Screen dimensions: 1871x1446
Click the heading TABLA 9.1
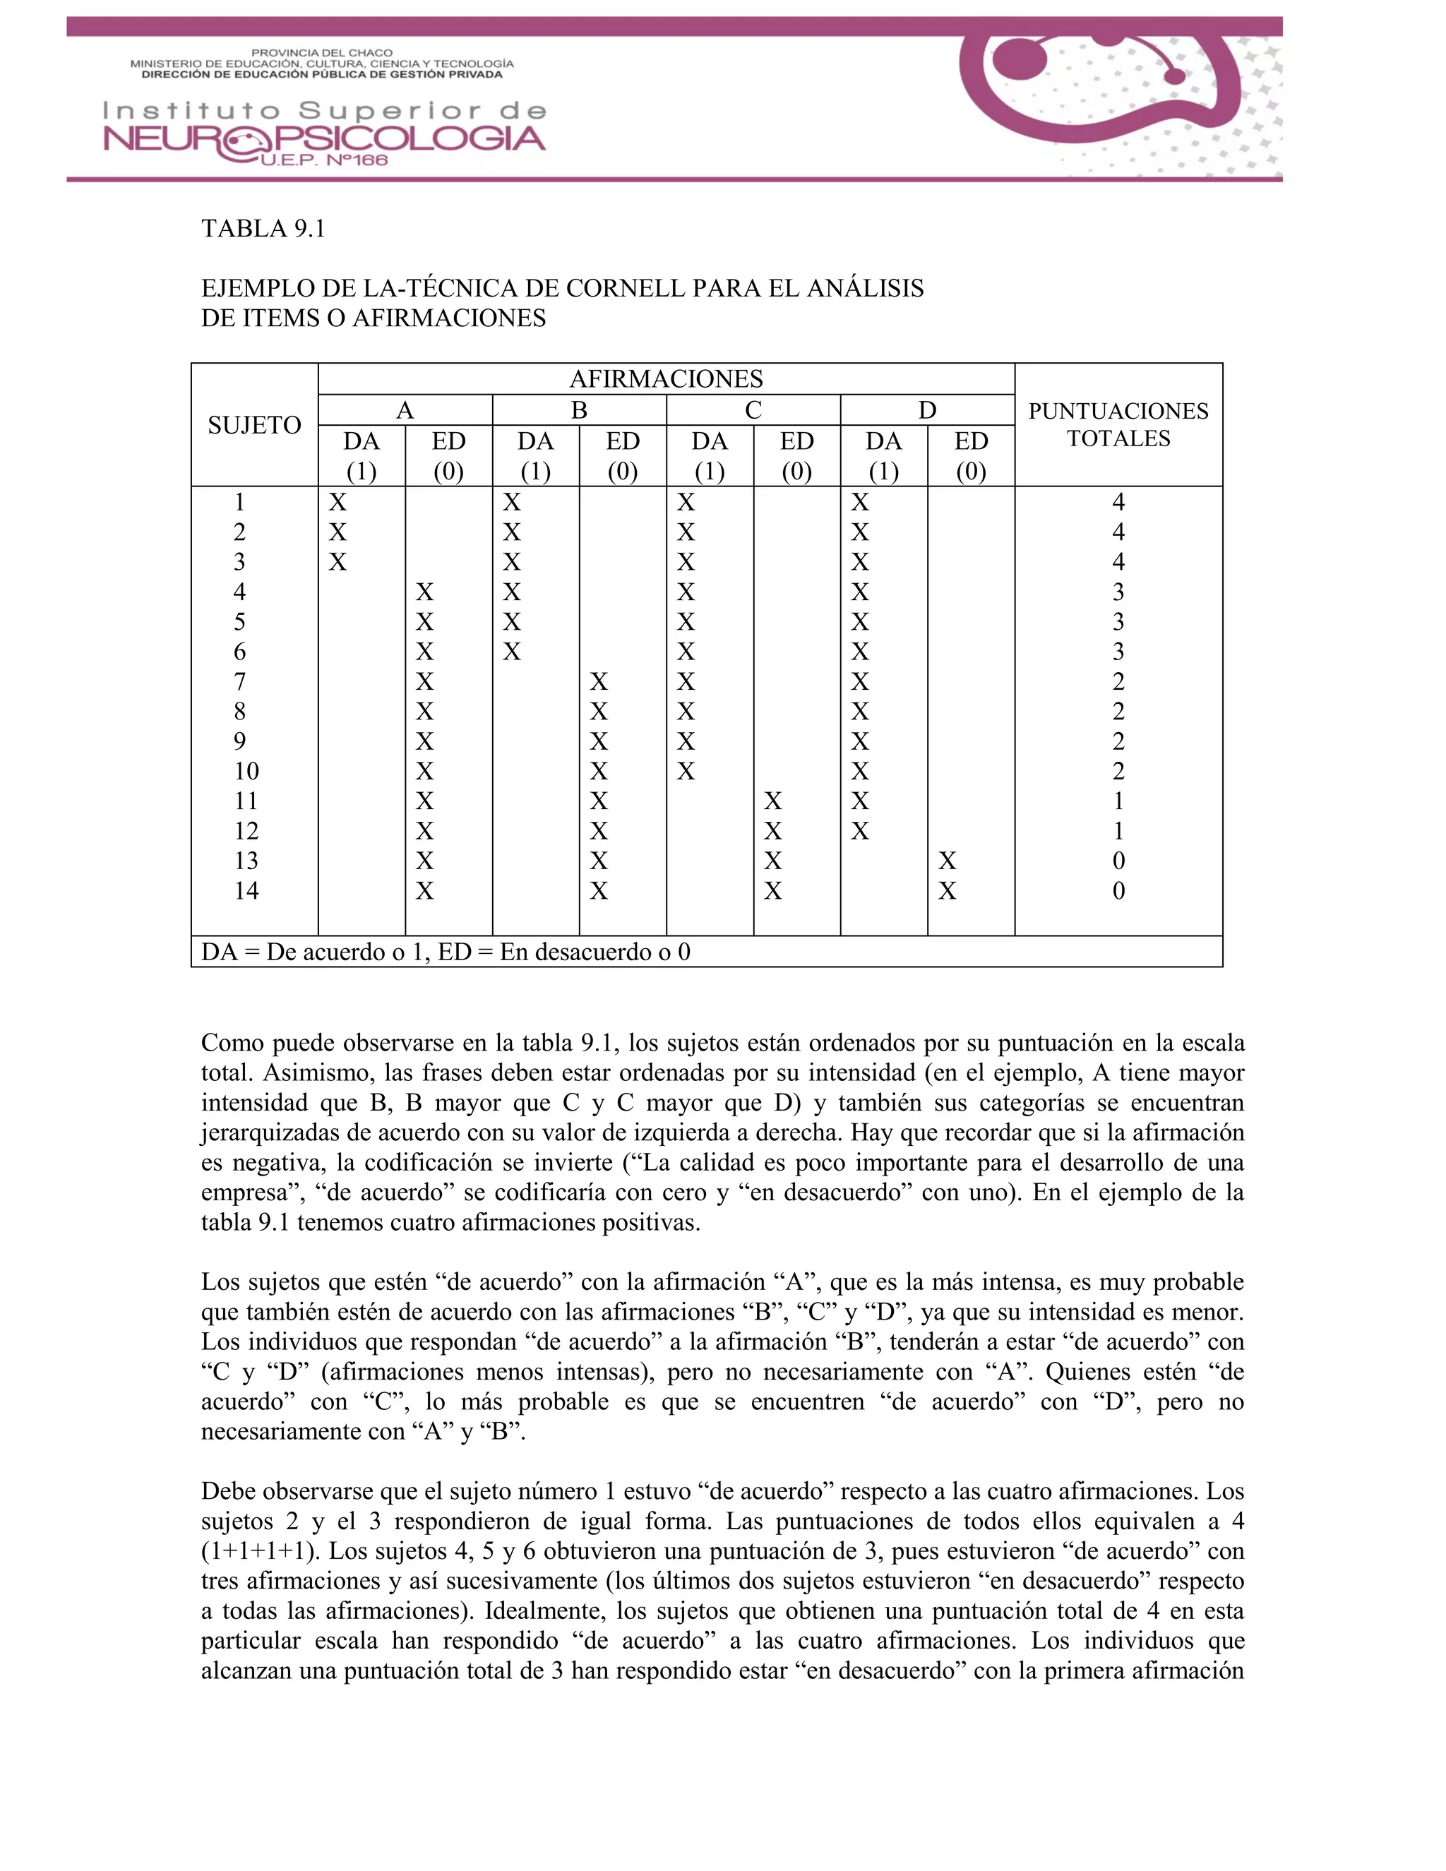pyautogui.click(x=263, y=229)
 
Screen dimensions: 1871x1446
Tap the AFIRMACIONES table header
pyautogui.click(x=666, y=378)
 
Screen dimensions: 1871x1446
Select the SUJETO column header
pyautogui.click(x=254, y=425)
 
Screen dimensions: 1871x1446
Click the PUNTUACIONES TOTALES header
pyautogui.click(x=1118, y=425)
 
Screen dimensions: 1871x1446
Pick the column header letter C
pyautogui.click(x=753, y=410)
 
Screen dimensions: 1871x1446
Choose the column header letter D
pyautogui.click(x=927, y=410)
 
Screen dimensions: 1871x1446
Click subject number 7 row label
pyautogui.click(x=240, y=682)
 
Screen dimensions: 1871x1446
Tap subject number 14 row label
pyautogui.click(x=246, y=891)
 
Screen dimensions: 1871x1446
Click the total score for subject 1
pyautogui.click(x=1118, y=502)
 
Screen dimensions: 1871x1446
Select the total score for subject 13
pyautogui.click(x=1118, y=861)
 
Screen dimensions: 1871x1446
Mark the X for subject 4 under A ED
pyautogui.click(x=425, y=592)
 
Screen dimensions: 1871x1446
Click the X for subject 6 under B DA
pyautogui.click(x=511, y=652)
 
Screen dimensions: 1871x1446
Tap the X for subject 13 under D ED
pyautogui.click(x=947, y=861)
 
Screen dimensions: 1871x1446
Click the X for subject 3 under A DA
pyautogui.click(x=337, y=562)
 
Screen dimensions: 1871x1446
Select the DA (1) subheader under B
pyautogui.click(x=535, y=456)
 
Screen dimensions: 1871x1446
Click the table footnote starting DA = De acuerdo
pyautogui.click(x=446, y=952)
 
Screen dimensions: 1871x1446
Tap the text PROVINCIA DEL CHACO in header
pyautogui.click(x=321, y=53)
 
